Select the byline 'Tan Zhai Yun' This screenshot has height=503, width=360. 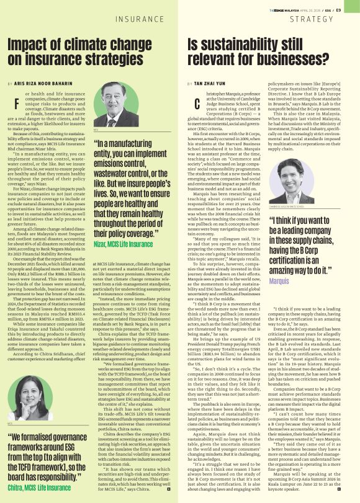(x=218, y=82)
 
